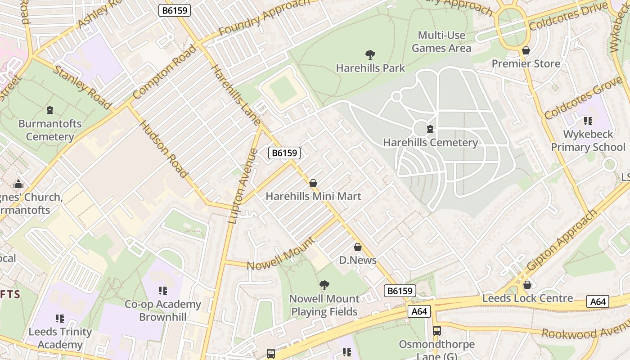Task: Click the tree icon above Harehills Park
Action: coord(370,55)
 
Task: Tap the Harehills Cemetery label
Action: coord(430,143)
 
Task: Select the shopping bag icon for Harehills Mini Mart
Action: coord(313,183)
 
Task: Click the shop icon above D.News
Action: coord(358,247)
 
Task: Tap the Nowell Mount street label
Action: coord(281,253)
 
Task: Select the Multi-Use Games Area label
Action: coord(441,41)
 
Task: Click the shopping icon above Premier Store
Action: coord(526,50)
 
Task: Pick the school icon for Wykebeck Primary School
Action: coord(588,121)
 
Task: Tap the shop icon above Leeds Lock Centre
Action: coord(527,285)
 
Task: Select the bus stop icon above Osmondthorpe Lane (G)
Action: coord(436,331)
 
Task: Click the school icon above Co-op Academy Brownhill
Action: coord(163,291)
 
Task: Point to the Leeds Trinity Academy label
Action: coord(60,338)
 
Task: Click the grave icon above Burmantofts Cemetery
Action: coord(50,110)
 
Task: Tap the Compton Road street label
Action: coord(165,72)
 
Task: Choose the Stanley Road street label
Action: coord(82,87)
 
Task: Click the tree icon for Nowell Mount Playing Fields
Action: coord(324,285)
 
